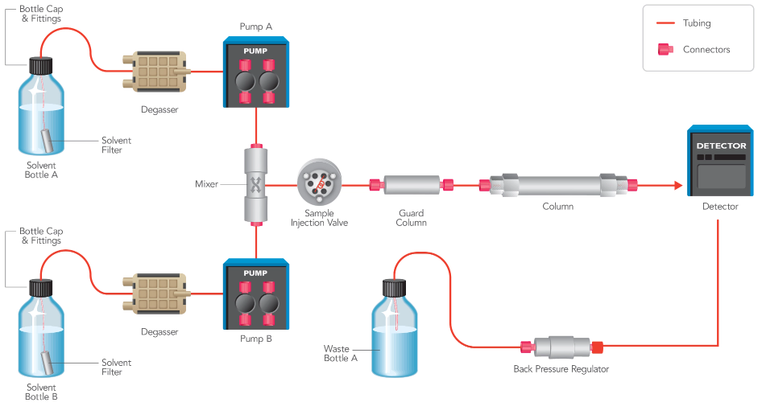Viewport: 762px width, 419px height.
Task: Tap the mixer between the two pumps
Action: (x=255, y=185)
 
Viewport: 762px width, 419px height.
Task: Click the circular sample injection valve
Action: (x=320, y=183)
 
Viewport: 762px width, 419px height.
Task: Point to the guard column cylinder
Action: (x=411, y=186)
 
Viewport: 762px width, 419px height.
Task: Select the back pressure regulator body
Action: (x=561, y=347)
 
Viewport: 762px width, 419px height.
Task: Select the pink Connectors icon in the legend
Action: (x=665, y=49)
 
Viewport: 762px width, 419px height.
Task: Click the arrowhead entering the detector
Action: (x=677, y=186)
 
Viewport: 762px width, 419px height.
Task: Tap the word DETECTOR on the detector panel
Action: (x=721, y=146)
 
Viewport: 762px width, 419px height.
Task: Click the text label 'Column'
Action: (x=557, y=207)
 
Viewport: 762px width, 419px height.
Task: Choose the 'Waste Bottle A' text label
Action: (x=340, y=354)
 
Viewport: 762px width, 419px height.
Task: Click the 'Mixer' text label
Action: (x=206, y=184)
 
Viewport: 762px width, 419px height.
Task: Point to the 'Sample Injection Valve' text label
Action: (x=319, y=218)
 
